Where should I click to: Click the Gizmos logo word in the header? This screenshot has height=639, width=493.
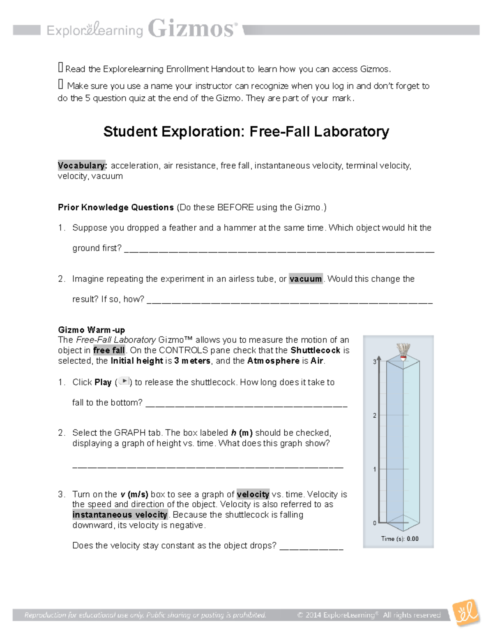(192, 29)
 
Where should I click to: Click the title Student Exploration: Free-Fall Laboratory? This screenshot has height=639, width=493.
(246, 132)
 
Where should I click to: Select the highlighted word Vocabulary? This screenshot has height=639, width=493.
(82, 165)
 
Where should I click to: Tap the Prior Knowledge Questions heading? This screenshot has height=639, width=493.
(116, 207)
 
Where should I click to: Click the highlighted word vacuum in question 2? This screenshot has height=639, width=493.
(306, 279)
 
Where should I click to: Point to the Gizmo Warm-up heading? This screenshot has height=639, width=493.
(92, 330)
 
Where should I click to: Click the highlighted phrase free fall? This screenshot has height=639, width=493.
(109, 351)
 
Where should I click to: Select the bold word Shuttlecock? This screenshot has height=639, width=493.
(316, 351)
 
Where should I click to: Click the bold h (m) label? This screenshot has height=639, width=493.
(242, 433)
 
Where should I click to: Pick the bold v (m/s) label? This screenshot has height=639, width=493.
(134, 494)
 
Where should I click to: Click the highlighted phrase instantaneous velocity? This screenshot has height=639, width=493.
(120, 515)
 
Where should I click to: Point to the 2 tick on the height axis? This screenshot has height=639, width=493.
(374, 416)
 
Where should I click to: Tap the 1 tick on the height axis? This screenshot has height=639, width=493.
(374, 469)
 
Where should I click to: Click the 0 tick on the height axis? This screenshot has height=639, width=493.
(374, 523)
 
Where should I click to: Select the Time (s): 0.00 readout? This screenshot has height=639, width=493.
(400, 539)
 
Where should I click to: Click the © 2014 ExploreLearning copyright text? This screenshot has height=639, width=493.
(369, 615)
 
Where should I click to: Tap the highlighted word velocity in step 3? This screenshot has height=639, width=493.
(253, 494)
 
